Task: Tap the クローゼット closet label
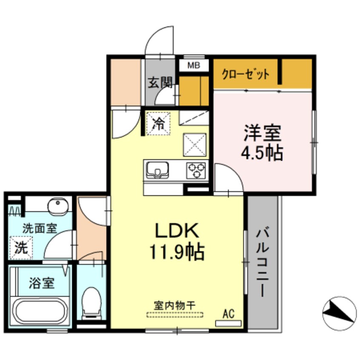pos(246,74)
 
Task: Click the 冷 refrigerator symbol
pos(158,123)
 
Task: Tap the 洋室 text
pos(263,133)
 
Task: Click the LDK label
pos(176,231)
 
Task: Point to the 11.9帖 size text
pos(176,252)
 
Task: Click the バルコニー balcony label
pos(263,263)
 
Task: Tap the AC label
pos(229,315)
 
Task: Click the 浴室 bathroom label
pos(41,283)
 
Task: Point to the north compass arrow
pos(339,312)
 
